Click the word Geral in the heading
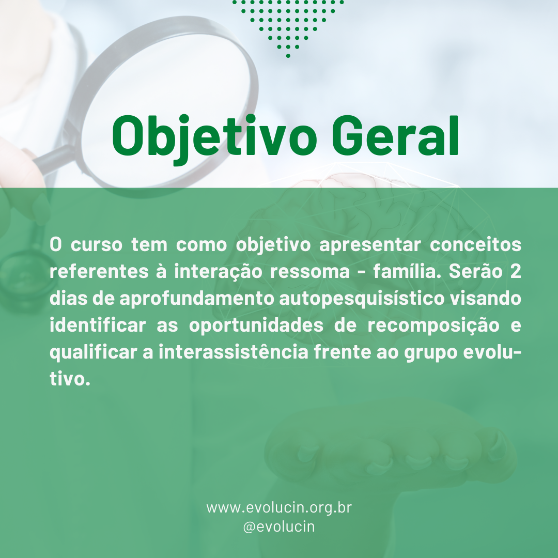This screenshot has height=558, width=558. click(395, 135)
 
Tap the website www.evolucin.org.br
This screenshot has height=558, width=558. click(279, 508)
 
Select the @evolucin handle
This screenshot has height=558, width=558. click(279, 526)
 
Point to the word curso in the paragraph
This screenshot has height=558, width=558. click(97, 244)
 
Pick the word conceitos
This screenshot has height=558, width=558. click(475, 244)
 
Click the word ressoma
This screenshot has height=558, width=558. click(310, 272)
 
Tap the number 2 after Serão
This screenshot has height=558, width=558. click(516, 271)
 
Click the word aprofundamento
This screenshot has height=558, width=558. click(196, 298)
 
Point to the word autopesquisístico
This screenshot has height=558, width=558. click(362, 299)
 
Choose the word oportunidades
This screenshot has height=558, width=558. click(256, 326)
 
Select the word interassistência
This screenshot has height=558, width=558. click(234, 352)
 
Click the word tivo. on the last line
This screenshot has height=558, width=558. click(70, 379)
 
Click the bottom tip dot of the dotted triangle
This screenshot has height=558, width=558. click(288, 55)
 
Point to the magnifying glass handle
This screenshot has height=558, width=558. click(53, 159)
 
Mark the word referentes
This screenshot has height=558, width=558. click(99, 272)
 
